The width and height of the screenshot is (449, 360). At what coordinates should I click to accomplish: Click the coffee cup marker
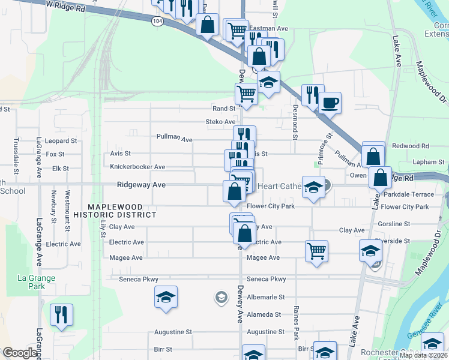click(x=330, y=103)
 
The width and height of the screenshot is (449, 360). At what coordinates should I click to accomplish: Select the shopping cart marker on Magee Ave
click(x=316, y=251)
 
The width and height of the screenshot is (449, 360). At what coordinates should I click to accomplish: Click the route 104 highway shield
click(x=157, y=21)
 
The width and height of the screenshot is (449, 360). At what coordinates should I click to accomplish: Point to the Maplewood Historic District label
click(x=114, y=210)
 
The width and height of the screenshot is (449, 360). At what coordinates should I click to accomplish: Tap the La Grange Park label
click(x=37, y=282)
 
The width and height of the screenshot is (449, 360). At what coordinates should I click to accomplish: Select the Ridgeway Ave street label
click(x=141, y=185)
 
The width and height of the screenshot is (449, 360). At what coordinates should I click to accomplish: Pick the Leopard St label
click(x=61, y=141)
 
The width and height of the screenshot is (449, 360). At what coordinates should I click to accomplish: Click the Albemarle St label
click(x=265, y=297)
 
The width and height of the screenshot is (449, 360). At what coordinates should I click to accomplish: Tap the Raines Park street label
click(x=296, y=325)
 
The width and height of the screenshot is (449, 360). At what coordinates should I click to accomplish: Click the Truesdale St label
click(x=16, y=153)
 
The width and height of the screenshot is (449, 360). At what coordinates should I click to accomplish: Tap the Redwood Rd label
click(x=411, y=146)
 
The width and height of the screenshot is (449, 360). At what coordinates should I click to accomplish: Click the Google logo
click(x=19, y=353)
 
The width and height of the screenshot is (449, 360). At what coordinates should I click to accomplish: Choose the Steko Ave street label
click(x=220, y=122)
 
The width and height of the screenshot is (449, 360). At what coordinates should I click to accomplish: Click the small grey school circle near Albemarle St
click(x=221, y=297)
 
